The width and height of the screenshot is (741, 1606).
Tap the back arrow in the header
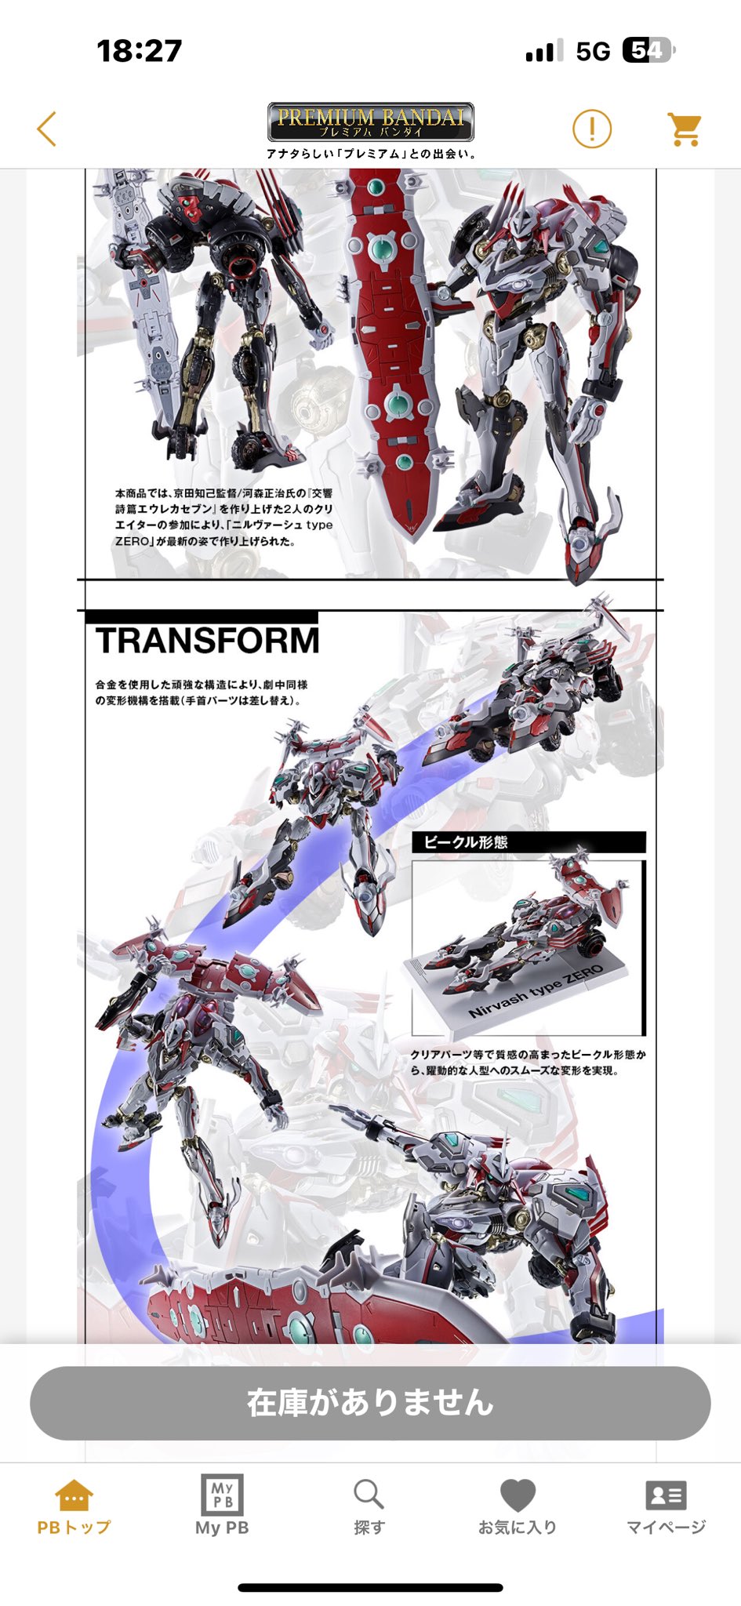tap(47, 129)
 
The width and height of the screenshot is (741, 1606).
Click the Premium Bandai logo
tap(370, 122)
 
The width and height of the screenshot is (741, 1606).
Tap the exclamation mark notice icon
tap(592, 129)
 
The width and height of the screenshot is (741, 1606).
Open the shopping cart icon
tap(685, 129)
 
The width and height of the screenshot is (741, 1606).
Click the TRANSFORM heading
tap(208, 641)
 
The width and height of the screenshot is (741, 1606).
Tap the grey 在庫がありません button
tap(370, 1403)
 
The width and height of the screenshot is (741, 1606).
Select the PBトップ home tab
tap(74, 1506)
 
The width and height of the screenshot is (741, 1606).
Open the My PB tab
tap(222, 1506)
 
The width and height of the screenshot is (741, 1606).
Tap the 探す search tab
tap(369, 1506)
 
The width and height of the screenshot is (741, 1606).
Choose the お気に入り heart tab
tap(518, 1506)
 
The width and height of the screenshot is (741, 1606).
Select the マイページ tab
tap(666, 1506)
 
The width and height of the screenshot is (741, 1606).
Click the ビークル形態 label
tap(466, 842)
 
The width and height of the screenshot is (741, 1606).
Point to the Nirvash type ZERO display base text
tap(536, 991)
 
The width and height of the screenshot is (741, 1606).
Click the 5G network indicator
tap(593, 52)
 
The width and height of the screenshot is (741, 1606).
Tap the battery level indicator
tap(649, 51)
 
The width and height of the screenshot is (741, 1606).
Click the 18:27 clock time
tap(140, 51)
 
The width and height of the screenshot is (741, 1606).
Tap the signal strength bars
tap(544, 51)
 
